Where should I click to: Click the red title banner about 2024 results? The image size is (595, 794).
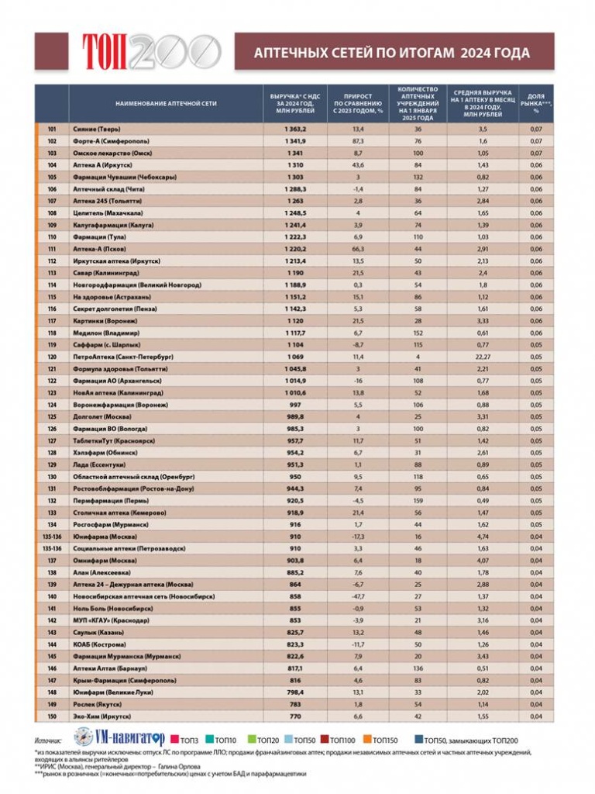coord(394,53)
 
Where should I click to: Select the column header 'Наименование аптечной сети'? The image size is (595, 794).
coord(166,103)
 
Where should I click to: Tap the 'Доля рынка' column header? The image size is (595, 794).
coord(535,103)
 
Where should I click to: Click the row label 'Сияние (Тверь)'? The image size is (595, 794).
coord(96,129)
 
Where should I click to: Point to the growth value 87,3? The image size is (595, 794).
coord(358,141)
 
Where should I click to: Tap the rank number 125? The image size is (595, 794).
coord(52,416)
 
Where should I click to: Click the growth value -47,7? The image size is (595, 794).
coord(358,596)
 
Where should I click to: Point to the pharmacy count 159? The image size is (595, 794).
coord(418,501)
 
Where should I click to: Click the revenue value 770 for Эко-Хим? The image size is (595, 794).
coord(295,716)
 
